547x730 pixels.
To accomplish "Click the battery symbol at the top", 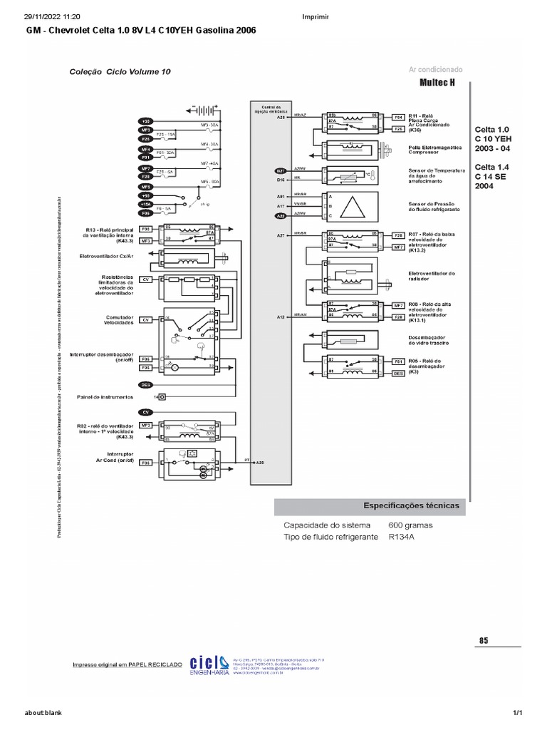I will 205,110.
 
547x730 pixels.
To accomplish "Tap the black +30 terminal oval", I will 145,122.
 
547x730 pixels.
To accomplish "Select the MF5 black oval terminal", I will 145,186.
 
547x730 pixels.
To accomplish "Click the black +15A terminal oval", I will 145,204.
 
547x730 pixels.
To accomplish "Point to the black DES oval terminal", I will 145,384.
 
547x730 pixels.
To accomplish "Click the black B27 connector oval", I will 281,171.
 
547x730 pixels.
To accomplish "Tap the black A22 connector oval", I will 281,215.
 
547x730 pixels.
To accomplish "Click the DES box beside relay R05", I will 398,372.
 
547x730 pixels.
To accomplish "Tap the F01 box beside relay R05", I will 398,361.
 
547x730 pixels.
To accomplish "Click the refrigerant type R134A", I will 402,537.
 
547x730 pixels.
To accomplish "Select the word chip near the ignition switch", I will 204,202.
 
